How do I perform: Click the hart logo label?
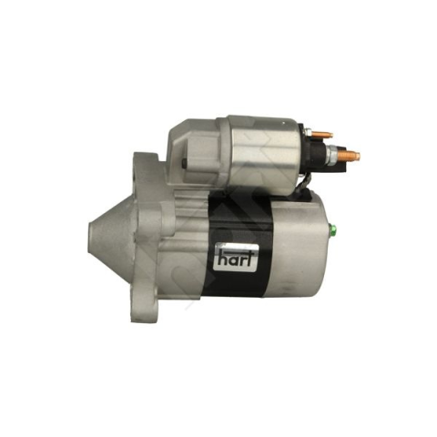pyautogui.click(x=237, y=258)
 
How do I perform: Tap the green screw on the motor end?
pyautogui.click(x=332, y=230)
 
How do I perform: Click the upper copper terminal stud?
pyautogui.click(x=322, y=134)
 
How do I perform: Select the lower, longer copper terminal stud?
pyautogui.click(x=350, y=156)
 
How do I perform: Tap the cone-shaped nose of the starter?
pyautogui.click(x=112, y=238)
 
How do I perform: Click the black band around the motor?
pyautogui.click(x=236, y=246)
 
